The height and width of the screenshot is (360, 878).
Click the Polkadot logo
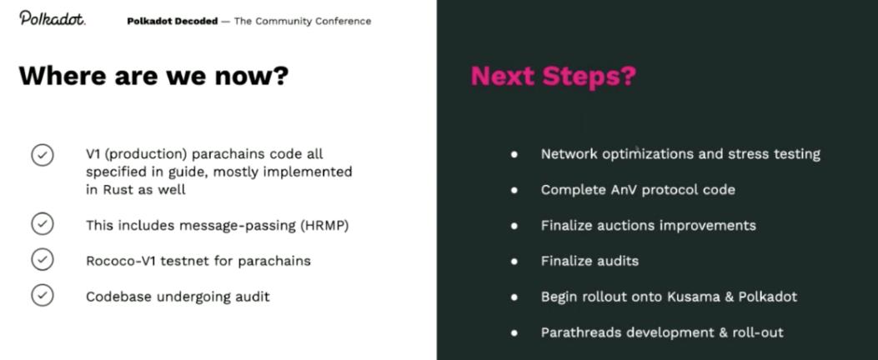(x=52, y=17)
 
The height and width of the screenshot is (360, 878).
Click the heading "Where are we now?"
(x=153, y=75)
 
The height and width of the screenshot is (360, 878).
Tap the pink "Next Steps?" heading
(x=553, y=76)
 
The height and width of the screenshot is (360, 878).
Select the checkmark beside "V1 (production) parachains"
(x=43, y=155)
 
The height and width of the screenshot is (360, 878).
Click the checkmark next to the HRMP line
(x=43, y=225)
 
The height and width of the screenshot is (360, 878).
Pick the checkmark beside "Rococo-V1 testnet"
(x=43, y=260)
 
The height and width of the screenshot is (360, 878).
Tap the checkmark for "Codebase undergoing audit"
(x=43, y=295)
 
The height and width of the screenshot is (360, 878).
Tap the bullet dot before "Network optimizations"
(x=514, y=154)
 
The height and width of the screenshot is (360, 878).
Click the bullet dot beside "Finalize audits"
(x=514, y=261)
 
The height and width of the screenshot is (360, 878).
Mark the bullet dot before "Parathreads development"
(x=514, y=332)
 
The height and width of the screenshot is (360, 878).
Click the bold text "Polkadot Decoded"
(x=173, y=22)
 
